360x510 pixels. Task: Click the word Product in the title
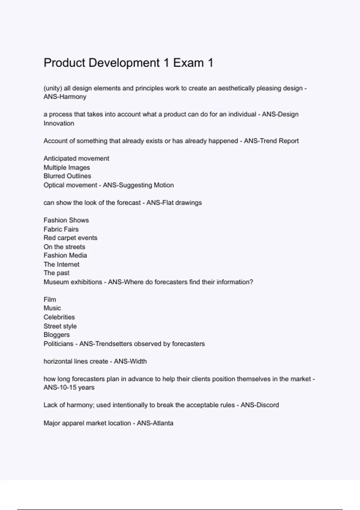[x=64, y=63]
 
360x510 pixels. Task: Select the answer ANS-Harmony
[x=65, y=97]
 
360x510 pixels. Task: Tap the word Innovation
[x=59, y=123]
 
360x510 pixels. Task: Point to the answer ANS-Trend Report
[x=271, y=141]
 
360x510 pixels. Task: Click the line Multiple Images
[x=67, y=167]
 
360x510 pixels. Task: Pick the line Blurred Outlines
[x=67, y=176]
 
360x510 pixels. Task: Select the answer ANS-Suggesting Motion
[x=138, y=185]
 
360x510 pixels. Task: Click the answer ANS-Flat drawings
[x=174, y=203]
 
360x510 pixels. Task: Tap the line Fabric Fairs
[x=61, y=229]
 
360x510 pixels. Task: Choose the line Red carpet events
[x=70, y=238]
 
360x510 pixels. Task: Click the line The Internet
[x=61, y=264]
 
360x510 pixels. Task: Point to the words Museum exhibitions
[x=73, y=282]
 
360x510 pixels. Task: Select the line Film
[x=50, y=299]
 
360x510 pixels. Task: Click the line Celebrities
[x=59, y=317]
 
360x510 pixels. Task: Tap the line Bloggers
[x=56, y=335]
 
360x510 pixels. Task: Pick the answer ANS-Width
[x=130, y=361]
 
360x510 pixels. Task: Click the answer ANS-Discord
[x=259, y=405]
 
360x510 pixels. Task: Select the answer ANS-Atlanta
[x=155, y=423]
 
